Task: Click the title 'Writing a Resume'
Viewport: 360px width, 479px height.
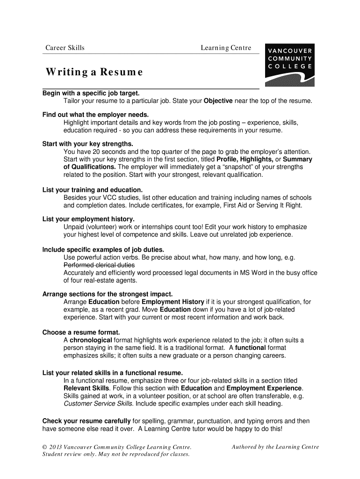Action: pyautogui.click(x=94, y=73)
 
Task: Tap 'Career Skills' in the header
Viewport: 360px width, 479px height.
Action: pyautogui.click(x=65, y=48)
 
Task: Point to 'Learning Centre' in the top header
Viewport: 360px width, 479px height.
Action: pyautogui.click(x=226, y=48)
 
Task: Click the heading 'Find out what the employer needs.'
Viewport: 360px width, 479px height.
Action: pyautogui.click(x=95, y=115)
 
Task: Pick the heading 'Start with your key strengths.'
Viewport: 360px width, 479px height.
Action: pyautogui.click(x=88, y=144)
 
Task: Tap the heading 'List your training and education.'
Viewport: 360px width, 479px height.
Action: pyautogui.click(x=93, y=190)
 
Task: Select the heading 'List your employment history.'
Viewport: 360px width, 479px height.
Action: pyautogui.click(x=88, y=219)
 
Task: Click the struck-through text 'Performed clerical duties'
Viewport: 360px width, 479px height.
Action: pyautogui.click(x=99, y=265)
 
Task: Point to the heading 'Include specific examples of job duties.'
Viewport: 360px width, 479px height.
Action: pyautogui.click(x=103, y=249)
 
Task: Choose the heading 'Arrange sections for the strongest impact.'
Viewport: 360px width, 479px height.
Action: pyautogui.click(x=108, y=294)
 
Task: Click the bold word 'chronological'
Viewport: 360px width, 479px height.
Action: pyautogui.click(x=91, y=340)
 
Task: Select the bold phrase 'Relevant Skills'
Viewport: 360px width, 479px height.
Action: pyautogui.click(x=86, y=388)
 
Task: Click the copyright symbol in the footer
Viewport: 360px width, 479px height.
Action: pyautogui.click(x=45, y=447)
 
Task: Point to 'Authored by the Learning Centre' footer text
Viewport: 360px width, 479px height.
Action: pyautogui.click(x=275, y=447)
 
